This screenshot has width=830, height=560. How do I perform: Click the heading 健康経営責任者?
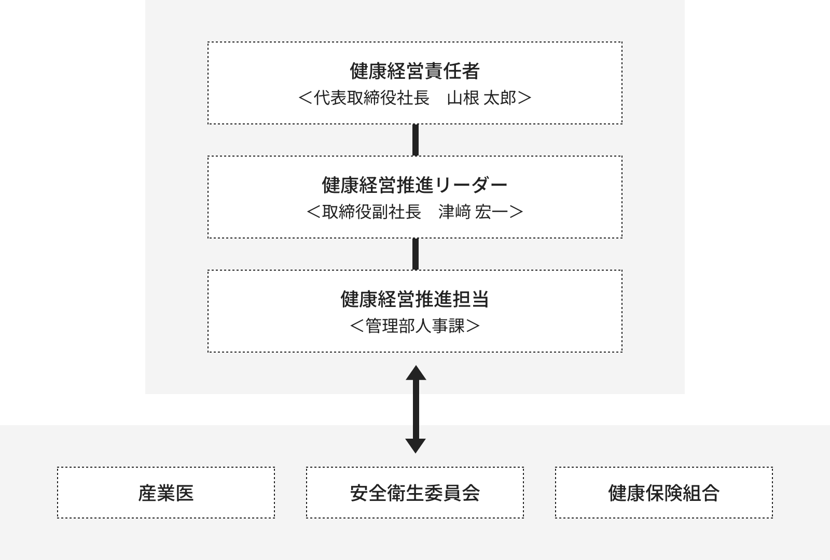(415, 71)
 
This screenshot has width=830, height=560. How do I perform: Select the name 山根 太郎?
(481, 98)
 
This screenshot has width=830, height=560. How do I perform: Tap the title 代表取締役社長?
(371, 98)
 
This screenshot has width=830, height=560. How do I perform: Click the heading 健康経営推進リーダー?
(414, 185)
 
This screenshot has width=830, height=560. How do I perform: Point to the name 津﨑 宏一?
(473, 212)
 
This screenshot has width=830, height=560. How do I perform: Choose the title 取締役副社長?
(371, 212)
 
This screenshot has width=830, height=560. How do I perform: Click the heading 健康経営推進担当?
(415, 299)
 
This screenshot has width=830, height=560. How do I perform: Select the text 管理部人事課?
(415, 326)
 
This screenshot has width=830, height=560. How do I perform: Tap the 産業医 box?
(166, 492)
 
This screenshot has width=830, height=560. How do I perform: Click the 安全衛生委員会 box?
(415, 492)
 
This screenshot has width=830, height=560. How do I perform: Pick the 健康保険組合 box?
(664, 492)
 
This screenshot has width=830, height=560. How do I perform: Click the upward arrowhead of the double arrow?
(416, 373)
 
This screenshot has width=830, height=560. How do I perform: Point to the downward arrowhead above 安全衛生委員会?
(416, 446)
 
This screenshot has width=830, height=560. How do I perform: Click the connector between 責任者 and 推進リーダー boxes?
(416, 140)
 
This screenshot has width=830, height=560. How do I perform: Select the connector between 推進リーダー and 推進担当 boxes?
(416, 254)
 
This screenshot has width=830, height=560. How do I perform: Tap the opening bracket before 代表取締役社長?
(306, 98)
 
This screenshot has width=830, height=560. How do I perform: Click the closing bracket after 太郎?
(524, 98)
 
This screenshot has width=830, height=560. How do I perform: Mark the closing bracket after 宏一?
(516, 212)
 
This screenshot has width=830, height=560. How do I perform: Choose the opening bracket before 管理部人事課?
(357, 326)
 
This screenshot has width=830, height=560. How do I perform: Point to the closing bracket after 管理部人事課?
(473, 326)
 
